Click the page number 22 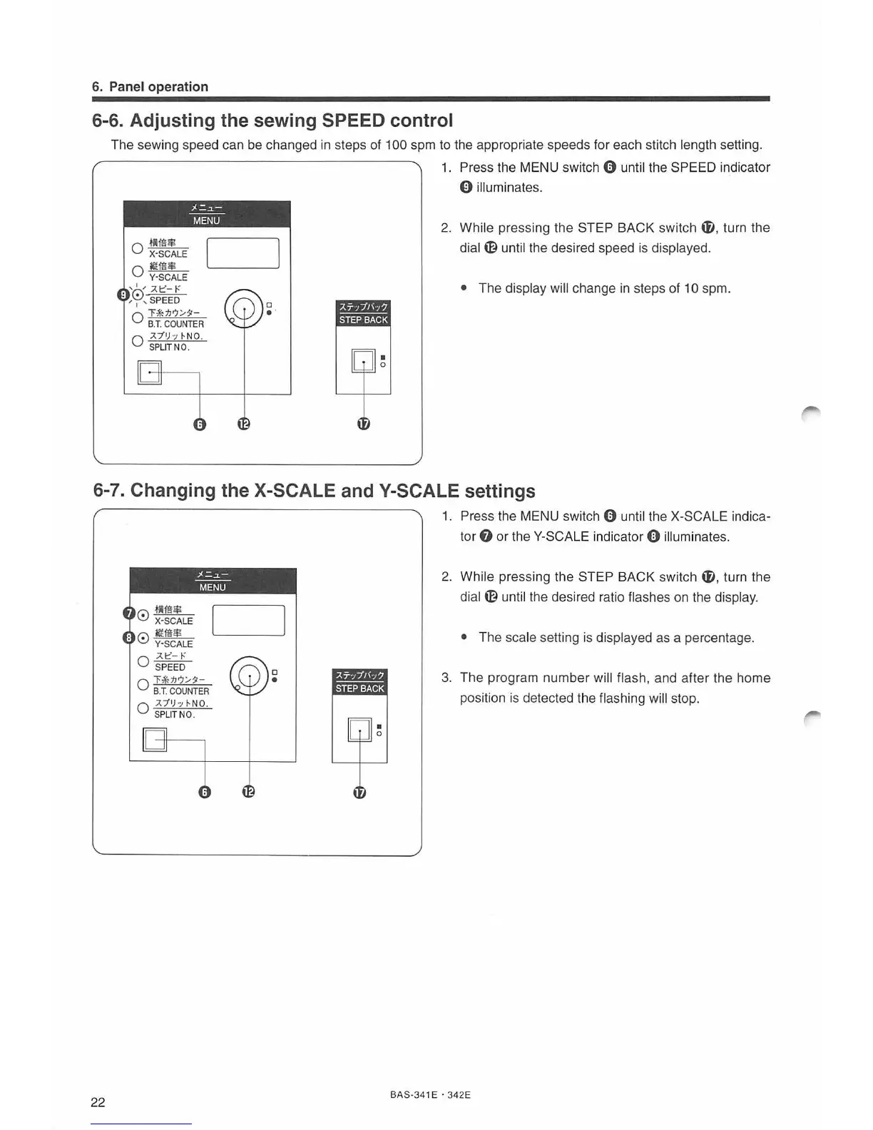coord(98,1102)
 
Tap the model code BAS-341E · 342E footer coord(430,1094)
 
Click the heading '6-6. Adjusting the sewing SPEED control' coord(272,120)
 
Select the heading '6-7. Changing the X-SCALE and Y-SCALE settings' coord(314,490)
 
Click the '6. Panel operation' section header coord(150,87)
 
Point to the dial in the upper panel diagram coord(244,308)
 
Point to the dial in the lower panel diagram coord(250,675)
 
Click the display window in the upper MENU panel coord(242,253)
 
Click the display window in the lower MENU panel coord(248,620)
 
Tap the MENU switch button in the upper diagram coord(150,372)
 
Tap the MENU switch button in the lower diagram coord(155,740)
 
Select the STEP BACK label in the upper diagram coord(363,320)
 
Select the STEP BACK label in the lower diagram coord(359,688)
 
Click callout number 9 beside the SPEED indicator coord(123,294)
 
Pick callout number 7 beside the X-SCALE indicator coord(128,614)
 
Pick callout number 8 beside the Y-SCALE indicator coord(128,637)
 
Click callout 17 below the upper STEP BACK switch coord(363,424)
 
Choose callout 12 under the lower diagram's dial coord(248,792)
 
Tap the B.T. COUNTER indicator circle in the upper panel coord(138,317)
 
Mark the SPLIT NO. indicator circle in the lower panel coord(143,708)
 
